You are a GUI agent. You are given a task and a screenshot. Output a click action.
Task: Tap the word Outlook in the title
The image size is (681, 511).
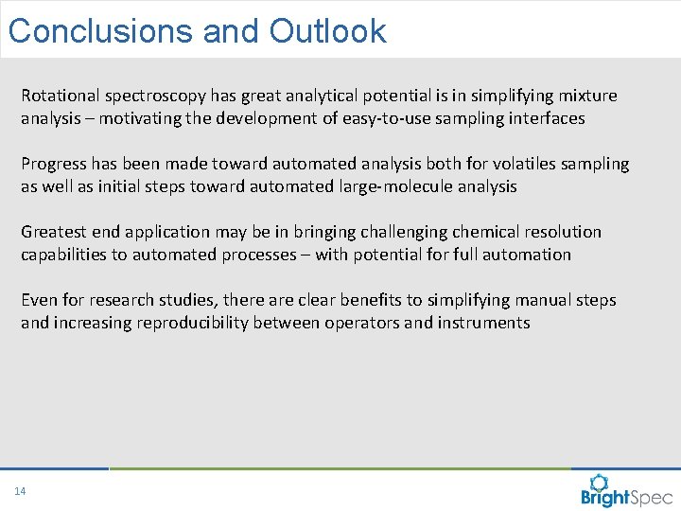point(327,31)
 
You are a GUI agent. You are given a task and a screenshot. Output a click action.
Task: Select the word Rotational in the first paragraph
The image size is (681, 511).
point(60,96)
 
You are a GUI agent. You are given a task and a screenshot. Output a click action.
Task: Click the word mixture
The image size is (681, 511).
point(586,96)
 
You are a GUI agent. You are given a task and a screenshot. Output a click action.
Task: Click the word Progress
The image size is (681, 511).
point(54,164)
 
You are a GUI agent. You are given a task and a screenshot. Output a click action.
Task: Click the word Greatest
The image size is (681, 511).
point(55,232)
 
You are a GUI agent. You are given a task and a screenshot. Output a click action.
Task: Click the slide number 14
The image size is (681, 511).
point(20,490)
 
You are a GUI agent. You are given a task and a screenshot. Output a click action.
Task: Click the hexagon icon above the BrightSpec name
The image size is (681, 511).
point(600,482)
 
